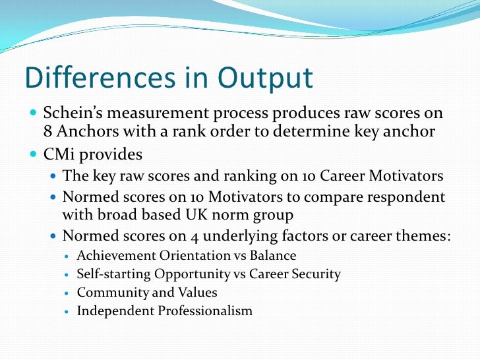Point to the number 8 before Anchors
pos(47,131)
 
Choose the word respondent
pos(403,196)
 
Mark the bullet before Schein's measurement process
pos(34,113)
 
